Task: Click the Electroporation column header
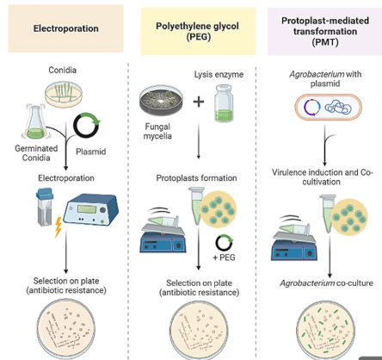(x=66, y=28)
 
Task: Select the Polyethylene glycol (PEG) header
(x=197, y=31)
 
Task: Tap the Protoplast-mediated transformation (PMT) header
(x=325, y=31)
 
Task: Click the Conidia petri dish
(x=64, y=94)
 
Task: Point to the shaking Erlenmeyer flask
(x=35, y=122)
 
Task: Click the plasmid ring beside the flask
(x=87, y=125)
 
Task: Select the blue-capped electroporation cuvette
(x=45, y=206)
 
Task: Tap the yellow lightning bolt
(x=59, y=227)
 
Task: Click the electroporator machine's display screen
(x=86, y=208)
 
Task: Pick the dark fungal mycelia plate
(x=161, y=100)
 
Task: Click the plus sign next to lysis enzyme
(x=199, y=102)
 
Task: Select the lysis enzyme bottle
(x=224, y=102)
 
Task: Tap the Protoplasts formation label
(x=196, y=178)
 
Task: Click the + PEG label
(x=224, y=258)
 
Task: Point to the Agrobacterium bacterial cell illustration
(x=329, y=108)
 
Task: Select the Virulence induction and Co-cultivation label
(x=323, y=177)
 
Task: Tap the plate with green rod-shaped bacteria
(x=325, y=329)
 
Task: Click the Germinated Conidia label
(x=36, y=153)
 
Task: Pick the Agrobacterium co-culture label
(x=326, y=283)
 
